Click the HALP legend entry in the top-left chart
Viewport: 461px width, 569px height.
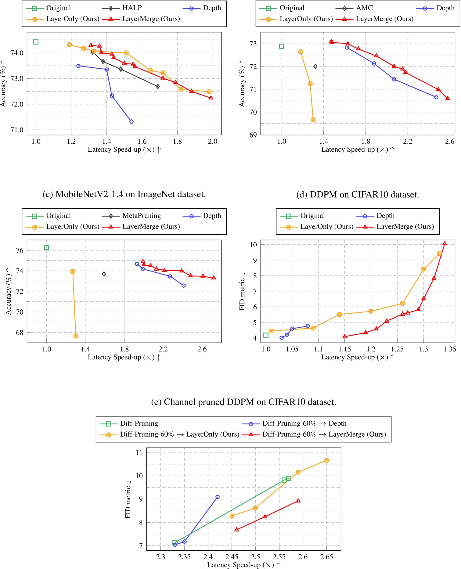pos(132,8)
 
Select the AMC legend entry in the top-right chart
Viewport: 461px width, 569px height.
pos(364,8)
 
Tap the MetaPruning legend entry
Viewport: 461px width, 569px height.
pos(142,216)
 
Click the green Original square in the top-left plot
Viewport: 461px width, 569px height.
pos(36,42)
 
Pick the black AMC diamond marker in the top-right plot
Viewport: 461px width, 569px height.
pos(315,66)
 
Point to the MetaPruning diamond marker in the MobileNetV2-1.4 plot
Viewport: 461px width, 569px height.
pos(104,274)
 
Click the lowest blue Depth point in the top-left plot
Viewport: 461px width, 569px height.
pos(131,121)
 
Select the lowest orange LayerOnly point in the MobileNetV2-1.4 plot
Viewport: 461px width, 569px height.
pos(76,336)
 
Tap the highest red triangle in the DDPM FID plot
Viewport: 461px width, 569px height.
pos(445,243)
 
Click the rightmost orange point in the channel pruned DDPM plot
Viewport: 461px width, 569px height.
pos(326,460)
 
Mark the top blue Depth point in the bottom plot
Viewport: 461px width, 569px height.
pos(218,497)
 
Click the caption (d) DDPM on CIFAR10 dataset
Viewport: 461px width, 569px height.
pos(358,194)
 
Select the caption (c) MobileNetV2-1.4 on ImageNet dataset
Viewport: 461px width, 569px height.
pos(124,194)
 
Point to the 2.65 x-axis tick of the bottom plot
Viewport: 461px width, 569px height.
pos(326,557)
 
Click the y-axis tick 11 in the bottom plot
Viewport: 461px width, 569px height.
pos(139,452)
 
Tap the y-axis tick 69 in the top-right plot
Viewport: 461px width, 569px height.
pos(253,135)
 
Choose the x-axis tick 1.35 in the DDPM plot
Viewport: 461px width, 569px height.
pos(450,349)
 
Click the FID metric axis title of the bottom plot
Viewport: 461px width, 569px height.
pos(128,499)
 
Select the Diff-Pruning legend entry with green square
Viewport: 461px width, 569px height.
pos(139,423)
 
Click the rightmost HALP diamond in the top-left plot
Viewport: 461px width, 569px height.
pos(158,87)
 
